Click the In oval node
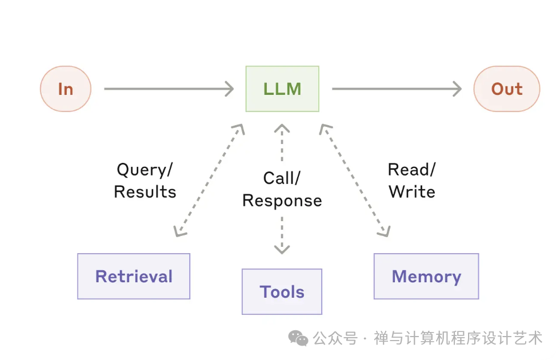(66, 89)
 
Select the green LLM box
(282, 89)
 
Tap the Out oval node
(507, 89)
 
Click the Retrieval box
(134, 276)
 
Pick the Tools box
(282, 291)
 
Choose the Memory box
(426, 276)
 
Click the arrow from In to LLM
(169, 89)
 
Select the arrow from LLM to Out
(397, 89)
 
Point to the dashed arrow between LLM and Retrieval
(209, 181)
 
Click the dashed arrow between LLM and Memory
(355, 181)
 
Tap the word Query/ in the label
(145, 170)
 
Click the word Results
(145, 192)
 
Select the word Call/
(282, 178)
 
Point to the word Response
(282, 201)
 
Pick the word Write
(412, 192)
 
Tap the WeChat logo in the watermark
(298, 338)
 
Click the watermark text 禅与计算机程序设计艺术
(458, 338)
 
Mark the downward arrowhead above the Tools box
(282, 249)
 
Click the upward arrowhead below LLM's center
(282, 129)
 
